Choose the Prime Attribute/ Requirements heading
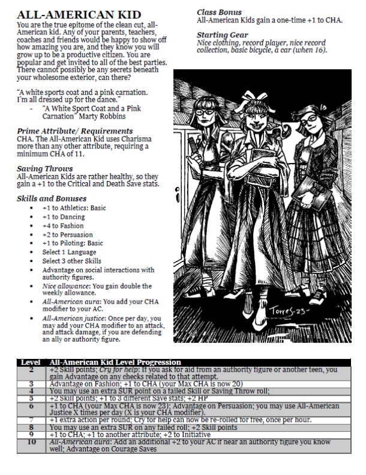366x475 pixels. point(74,130)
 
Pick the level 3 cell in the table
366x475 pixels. point(30,383)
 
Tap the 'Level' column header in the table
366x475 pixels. point(30,362)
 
